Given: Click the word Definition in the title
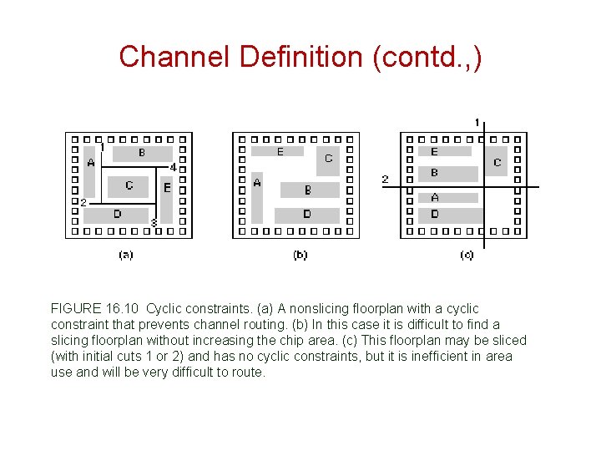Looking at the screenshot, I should pos(285,57).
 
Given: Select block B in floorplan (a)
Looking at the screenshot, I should pos(142,153).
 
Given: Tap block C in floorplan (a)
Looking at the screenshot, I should pos(129,185).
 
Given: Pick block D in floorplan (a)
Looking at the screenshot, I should pos(117,214).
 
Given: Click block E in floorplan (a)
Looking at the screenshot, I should pos(166,188).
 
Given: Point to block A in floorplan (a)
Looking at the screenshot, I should pos(91,163).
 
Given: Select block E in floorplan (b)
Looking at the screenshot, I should pos(280,152).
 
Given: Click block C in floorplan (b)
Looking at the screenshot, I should pos(328,159).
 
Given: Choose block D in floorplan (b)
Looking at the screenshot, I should pos(306,215).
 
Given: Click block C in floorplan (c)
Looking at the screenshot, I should pos(497,162).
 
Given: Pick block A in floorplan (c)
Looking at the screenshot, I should pos(435,198).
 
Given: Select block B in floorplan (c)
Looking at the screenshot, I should pos(435,173).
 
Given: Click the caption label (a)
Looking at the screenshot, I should pos(125,255).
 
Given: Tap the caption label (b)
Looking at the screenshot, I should pos(300,255).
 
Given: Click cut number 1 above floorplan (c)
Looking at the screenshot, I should pos(477,123).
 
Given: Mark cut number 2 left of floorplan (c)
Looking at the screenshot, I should pos(385,179).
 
